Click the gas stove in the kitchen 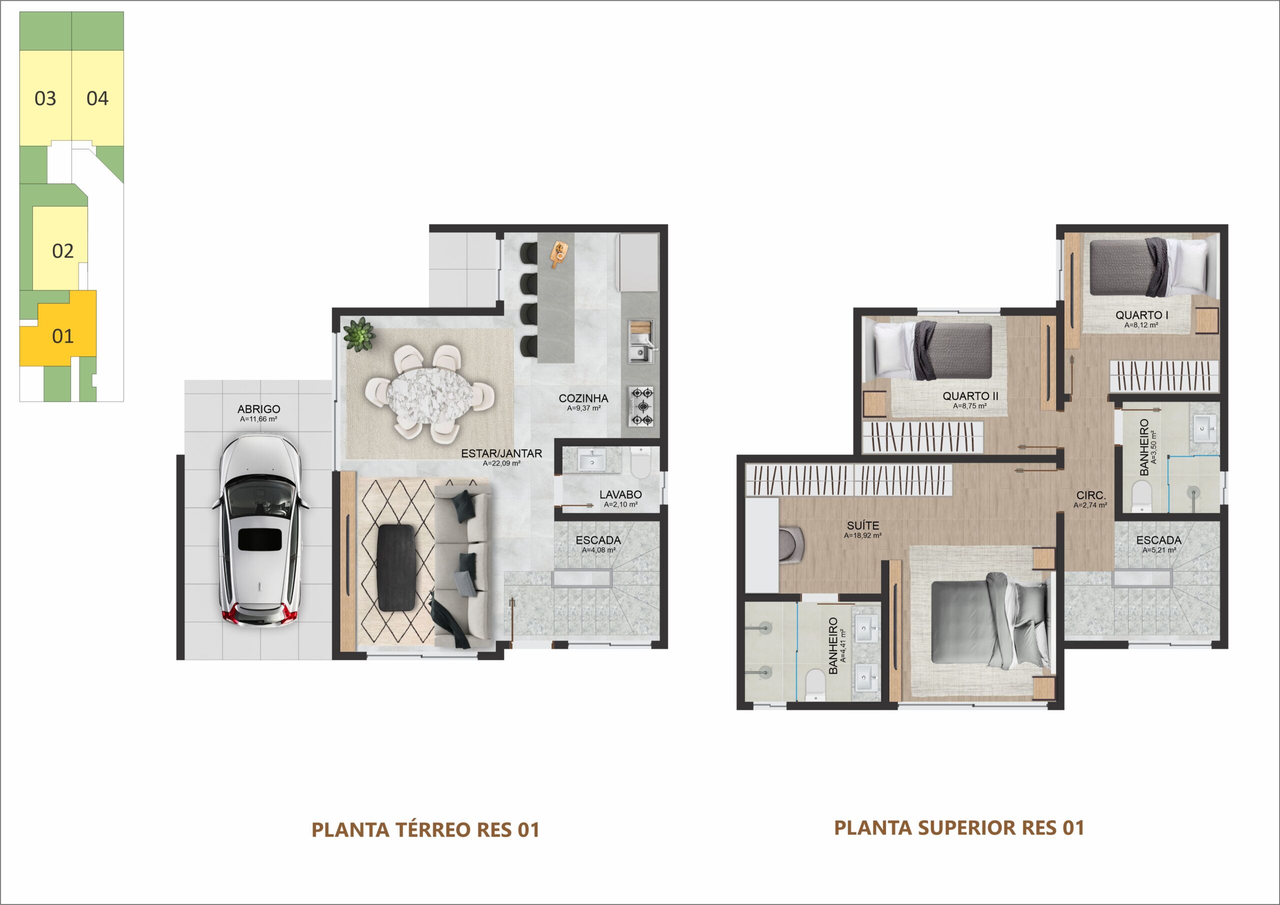point(640,407)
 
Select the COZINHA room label point(583,398)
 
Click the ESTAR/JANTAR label point(501,454)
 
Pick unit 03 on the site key point(45,98)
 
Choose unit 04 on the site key point(97,98)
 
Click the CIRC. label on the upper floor point(1091,495)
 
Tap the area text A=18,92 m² point(862,536)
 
